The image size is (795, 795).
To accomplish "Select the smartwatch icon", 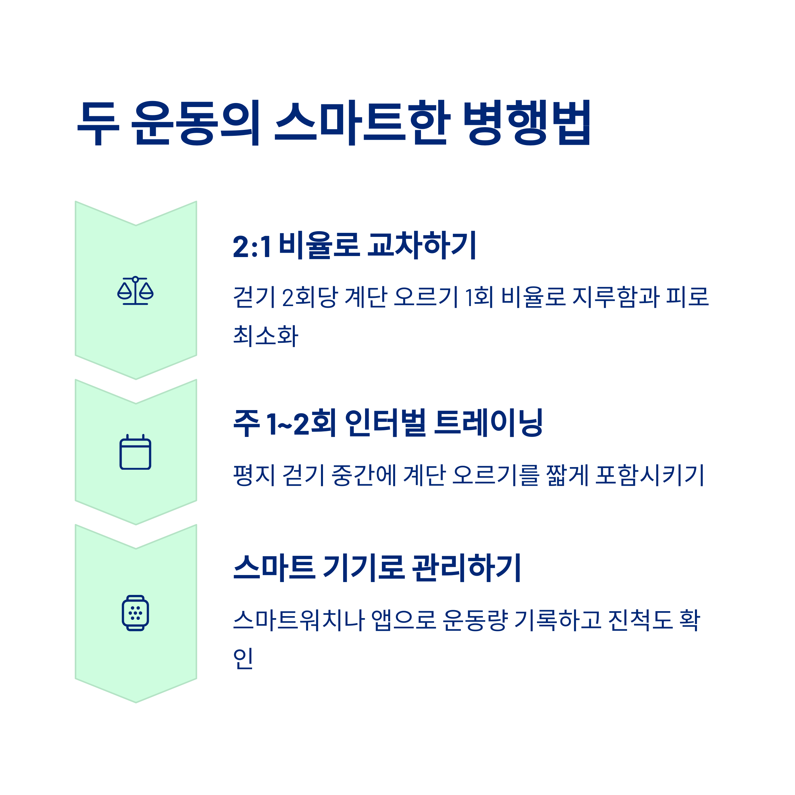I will pos(135,613).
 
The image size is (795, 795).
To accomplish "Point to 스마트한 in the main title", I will pos(362,123).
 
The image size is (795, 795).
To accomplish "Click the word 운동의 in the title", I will pos(195,123).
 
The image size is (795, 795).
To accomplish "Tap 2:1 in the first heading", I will pos(252,246).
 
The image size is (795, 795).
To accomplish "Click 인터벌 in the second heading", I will pos(385,423).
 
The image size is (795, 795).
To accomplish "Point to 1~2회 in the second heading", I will pos(301,423).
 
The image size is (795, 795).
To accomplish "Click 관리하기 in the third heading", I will pos(467,567).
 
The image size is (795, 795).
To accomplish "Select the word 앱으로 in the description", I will pos(403,620).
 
